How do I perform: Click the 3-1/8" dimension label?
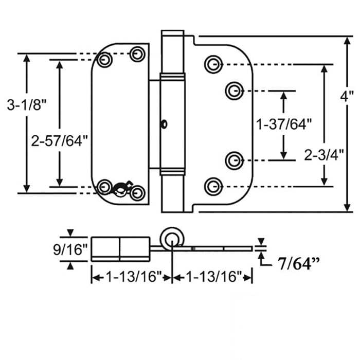click(x=27, y=106)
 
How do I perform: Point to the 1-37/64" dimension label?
click(x=284, y=124)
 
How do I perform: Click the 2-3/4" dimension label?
click(x=323, y=155)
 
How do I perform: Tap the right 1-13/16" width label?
click(x=212, y=278)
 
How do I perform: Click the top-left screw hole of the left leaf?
click(x=105, y=60)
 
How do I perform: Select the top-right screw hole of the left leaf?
click(x=137, y=54)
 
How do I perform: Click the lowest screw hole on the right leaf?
click(x=213, y=186)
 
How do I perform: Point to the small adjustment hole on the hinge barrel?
click(x=164, y=123)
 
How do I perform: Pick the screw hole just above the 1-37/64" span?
click(x=234, y=91)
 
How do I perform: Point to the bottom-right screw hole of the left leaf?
click(x=137, y=193)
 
